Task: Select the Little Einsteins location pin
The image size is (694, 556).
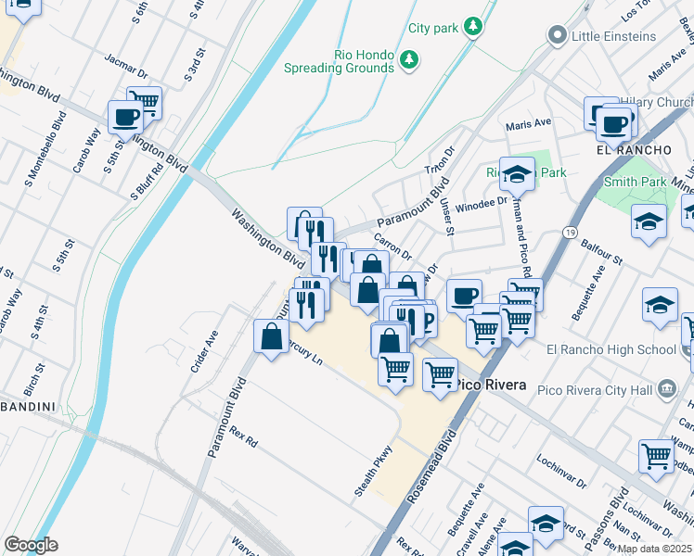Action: point(558,36)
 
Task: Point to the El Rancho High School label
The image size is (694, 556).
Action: point(611,349)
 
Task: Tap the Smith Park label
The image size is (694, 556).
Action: point(634,183)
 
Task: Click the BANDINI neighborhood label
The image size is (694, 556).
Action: point(28,406)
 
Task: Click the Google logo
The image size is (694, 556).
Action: point(31,544)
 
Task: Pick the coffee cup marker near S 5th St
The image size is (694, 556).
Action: point(125,118)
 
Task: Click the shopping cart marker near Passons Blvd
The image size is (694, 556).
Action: point(656,457)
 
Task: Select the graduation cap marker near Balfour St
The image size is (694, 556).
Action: point(649,222)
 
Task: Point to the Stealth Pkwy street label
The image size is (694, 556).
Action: point(374,471)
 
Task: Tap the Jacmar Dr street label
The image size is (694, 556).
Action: point(127,67)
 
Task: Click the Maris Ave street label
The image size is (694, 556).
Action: point(528,122)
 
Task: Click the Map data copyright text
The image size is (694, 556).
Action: point(654,549)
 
